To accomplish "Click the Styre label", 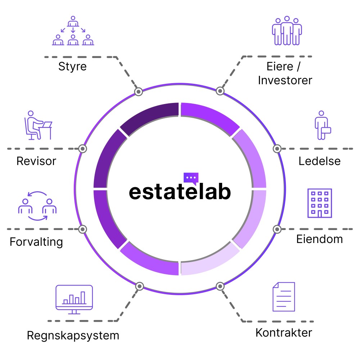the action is [x=72, y=67].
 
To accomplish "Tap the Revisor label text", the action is [x=36, y=161].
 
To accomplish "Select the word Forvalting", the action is [x=36, y=241].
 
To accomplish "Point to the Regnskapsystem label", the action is [x=73, y=336].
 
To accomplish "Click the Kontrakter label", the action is [x=284, y=332].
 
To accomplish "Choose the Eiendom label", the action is [x=319, y=239].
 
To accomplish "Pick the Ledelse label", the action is [x=319, y=161].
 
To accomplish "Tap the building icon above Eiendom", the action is [x=320, y=203].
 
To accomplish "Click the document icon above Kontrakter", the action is [x=284, y=297].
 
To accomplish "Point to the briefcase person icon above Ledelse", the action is [x=322, y=125].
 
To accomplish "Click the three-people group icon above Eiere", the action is [x=287, y=31].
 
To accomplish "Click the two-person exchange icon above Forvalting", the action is [x=37, y=206].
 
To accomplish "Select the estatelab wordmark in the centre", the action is [x=180, y=192].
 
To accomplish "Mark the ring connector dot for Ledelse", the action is [x=277, y=149].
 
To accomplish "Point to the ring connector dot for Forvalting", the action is [x=82, y=229].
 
